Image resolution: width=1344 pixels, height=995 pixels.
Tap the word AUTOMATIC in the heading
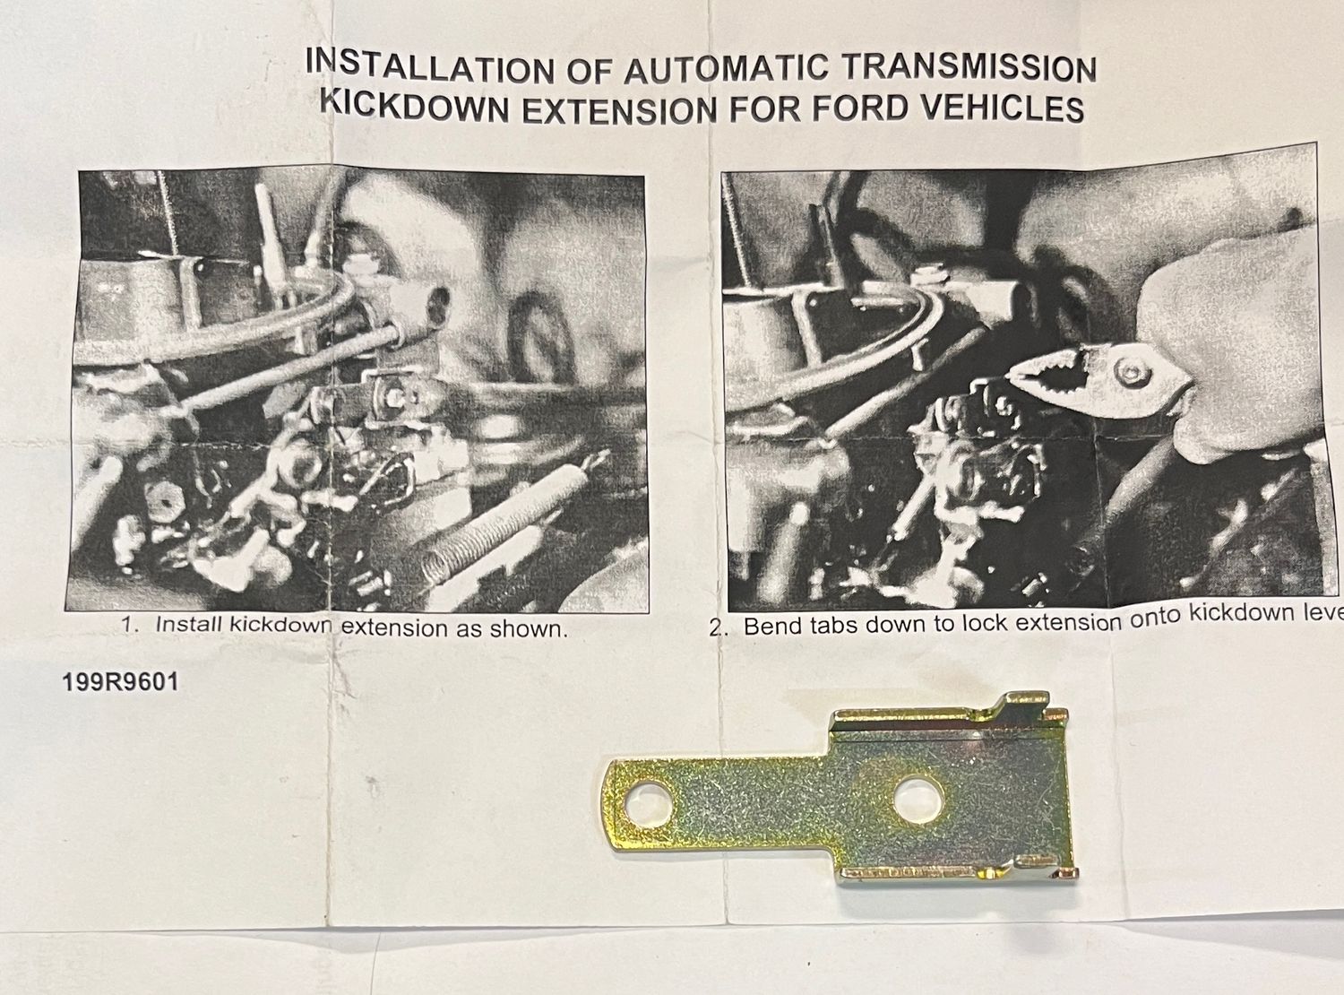pos(725,68)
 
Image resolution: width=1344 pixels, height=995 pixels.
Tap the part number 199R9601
pos(121,682)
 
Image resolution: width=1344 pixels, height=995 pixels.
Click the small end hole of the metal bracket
pos(649,803)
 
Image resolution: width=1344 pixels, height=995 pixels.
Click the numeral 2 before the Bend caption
pos(716,629)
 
